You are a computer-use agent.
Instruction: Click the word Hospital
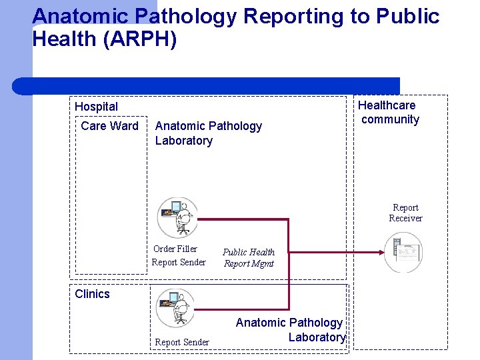[x=96, y=107]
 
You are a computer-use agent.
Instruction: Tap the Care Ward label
[x=109, y=126]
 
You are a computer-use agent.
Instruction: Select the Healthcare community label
[x=389, y=113]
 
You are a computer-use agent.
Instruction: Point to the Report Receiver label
[x=405, y=213]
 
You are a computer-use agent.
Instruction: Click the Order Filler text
[x=175, y=249]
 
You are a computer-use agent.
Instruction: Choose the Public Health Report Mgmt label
[x=249, y=257]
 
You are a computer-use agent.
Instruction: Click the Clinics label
[x=92, y=294]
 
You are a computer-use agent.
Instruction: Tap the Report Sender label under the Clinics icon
[x=182, y=342]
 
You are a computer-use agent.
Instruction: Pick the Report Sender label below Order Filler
[x=179, y=262]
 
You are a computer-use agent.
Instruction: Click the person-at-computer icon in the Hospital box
[x=177, y=217]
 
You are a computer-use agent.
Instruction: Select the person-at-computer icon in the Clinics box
[x=175, y=307]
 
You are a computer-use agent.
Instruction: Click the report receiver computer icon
[x=404, y=252]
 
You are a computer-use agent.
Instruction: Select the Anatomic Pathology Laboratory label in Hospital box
[x=208, y=133]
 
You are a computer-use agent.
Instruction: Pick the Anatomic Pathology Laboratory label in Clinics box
[x=290, y=329]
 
